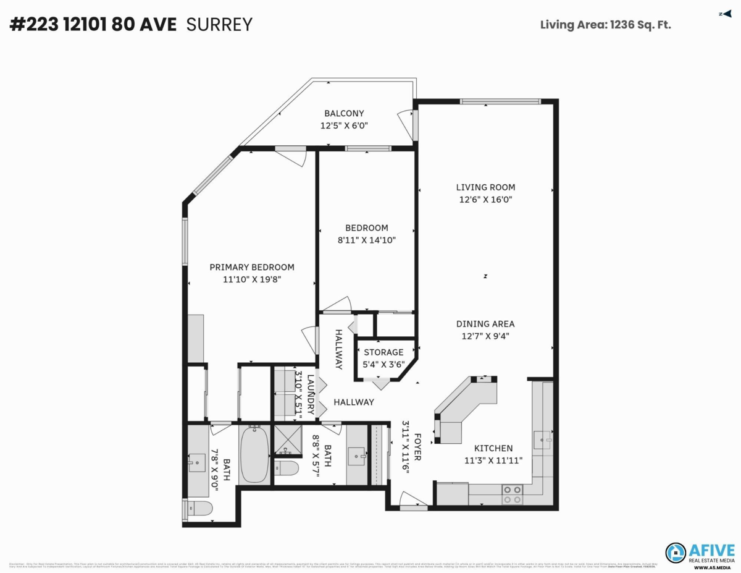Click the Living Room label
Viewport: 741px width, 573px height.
click(485, 187)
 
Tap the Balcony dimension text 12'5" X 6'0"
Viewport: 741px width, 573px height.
click(344, 125)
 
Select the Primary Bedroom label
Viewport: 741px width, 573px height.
click(251, 267)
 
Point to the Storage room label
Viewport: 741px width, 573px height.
click(383, 352)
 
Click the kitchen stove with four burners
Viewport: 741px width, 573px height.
click(512, 494)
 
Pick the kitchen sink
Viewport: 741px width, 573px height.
click(543, 440)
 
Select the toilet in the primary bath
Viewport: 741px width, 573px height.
click(199, 509)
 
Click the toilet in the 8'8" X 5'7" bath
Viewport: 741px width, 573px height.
click(286, 467)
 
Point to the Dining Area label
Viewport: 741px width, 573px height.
click(485, 324)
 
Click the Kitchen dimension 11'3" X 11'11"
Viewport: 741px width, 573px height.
click(493, 460)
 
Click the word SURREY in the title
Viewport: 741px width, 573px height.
click(220, 25)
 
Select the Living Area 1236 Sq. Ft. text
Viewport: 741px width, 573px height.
click(605, 25)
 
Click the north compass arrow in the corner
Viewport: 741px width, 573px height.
click(725, 14)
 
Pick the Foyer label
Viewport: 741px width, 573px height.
click(417, 446)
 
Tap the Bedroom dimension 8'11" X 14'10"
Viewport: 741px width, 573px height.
click(366, 240)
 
